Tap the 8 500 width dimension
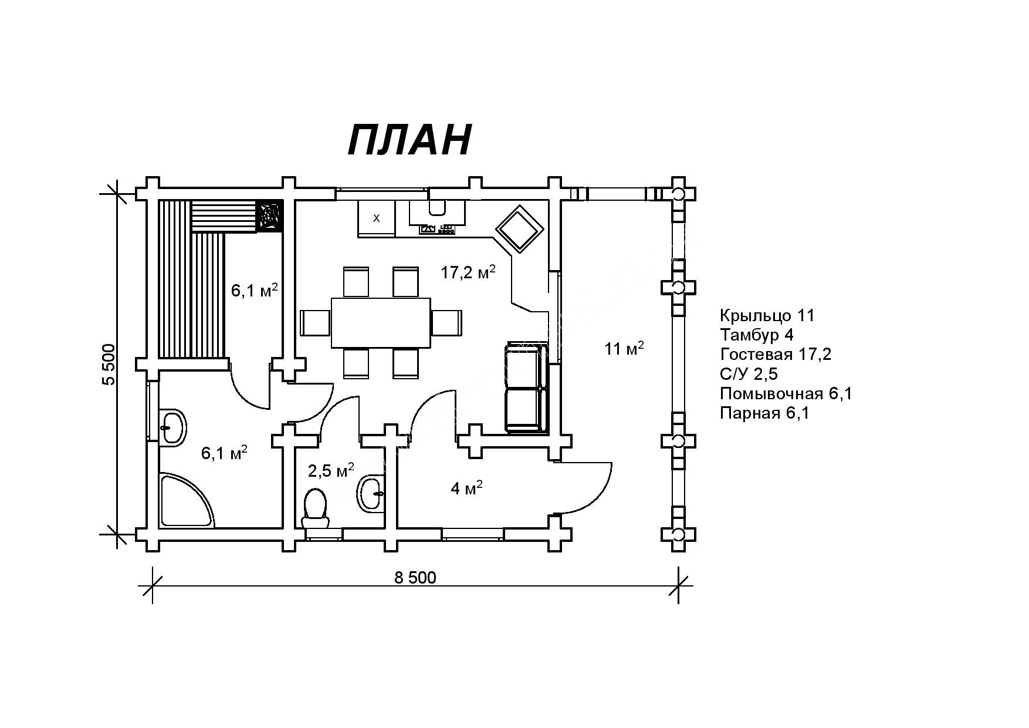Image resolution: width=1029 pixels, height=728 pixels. click(415, 578)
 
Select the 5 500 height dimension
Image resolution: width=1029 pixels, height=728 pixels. click(109, 364)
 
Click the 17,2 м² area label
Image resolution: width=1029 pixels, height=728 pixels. click(468, 272)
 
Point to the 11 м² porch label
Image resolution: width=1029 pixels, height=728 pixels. click(624, 348)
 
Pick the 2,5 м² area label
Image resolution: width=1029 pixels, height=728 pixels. click(331, 470)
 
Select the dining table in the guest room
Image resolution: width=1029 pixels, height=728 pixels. click(381, 322)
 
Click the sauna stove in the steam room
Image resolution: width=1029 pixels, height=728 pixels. click(270, 216)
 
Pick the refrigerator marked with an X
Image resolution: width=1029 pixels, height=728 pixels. click(376, 218)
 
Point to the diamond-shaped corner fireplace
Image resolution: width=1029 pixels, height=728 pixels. click(519, 229)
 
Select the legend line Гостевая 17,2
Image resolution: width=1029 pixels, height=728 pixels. click(776, 355)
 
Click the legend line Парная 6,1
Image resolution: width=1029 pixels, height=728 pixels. click(764, 413)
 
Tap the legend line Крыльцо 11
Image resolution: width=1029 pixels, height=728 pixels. click(767, 316)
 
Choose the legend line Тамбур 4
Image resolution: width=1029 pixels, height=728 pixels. click(757, 335)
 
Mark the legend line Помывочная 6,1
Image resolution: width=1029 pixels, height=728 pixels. click(786, 393)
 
